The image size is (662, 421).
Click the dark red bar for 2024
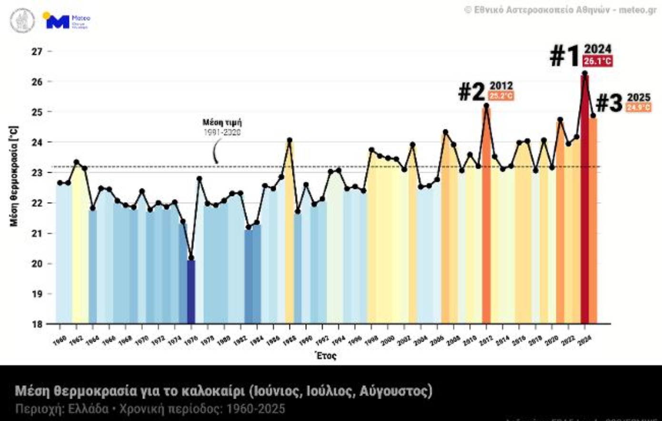[584, 200]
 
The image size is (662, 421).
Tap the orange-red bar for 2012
[486, 214]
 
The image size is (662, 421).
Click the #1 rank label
[564, 56]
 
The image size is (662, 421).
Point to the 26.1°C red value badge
[597, 61]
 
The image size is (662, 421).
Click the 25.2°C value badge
[501, 96]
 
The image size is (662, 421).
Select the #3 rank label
[609, 103]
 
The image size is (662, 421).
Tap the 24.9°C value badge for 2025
[638, 108]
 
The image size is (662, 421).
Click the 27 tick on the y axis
[37, 51]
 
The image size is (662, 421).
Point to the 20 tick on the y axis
[37, 264]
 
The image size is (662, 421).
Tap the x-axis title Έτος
[326, 355]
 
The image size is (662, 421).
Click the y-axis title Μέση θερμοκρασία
[14, 176]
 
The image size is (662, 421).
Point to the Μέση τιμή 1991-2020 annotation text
[222, 127]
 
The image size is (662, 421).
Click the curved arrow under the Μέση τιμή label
[215, 153]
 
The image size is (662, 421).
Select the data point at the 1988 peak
[289, 140]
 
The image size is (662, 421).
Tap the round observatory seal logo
[22, 20]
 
